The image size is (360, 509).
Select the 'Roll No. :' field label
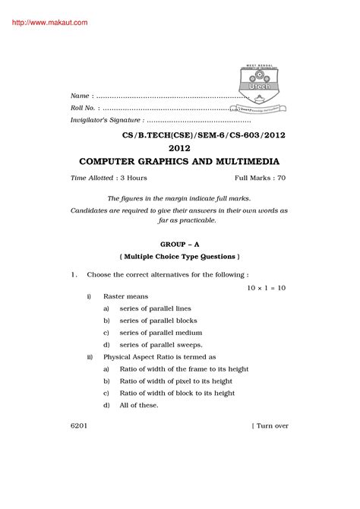(87, 109)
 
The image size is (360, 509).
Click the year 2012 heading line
(179, 148)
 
